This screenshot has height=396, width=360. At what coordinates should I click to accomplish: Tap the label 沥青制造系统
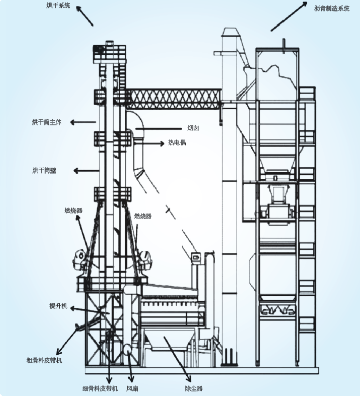[332, 8]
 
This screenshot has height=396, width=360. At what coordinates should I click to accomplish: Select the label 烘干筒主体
[46, 122]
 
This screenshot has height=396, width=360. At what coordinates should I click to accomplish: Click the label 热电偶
[177, 143]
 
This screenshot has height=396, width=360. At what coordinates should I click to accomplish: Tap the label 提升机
[58, 306]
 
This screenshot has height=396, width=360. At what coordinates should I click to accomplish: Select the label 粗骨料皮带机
[44, 360]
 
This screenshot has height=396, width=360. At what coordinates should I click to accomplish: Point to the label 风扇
[132, 389]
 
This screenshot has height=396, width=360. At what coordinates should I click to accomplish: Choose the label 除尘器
[194, 389]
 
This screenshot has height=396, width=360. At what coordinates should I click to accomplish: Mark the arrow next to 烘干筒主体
[83, 122]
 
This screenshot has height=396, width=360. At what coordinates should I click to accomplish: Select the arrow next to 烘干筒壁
[84, 170]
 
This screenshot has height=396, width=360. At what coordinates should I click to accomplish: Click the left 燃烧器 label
[73, 210]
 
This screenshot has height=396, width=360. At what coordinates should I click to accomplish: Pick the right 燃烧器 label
[143, 216]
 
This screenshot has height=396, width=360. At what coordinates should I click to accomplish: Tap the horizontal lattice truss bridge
[173, 96]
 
